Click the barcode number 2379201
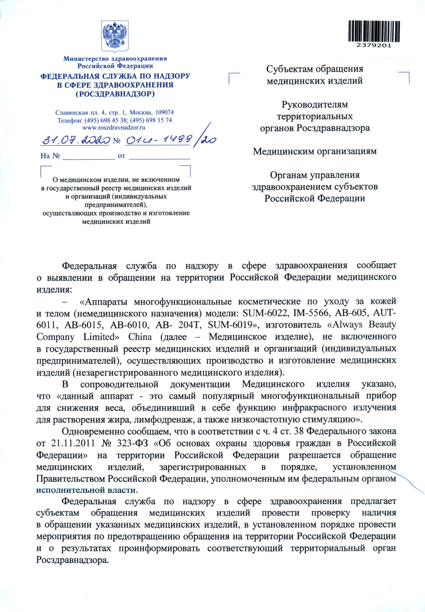(373, 46)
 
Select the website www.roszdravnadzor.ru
(114, 127)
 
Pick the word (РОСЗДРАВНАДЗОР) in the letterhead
(115, 94)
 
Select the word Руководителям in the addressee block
(315, 104)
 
